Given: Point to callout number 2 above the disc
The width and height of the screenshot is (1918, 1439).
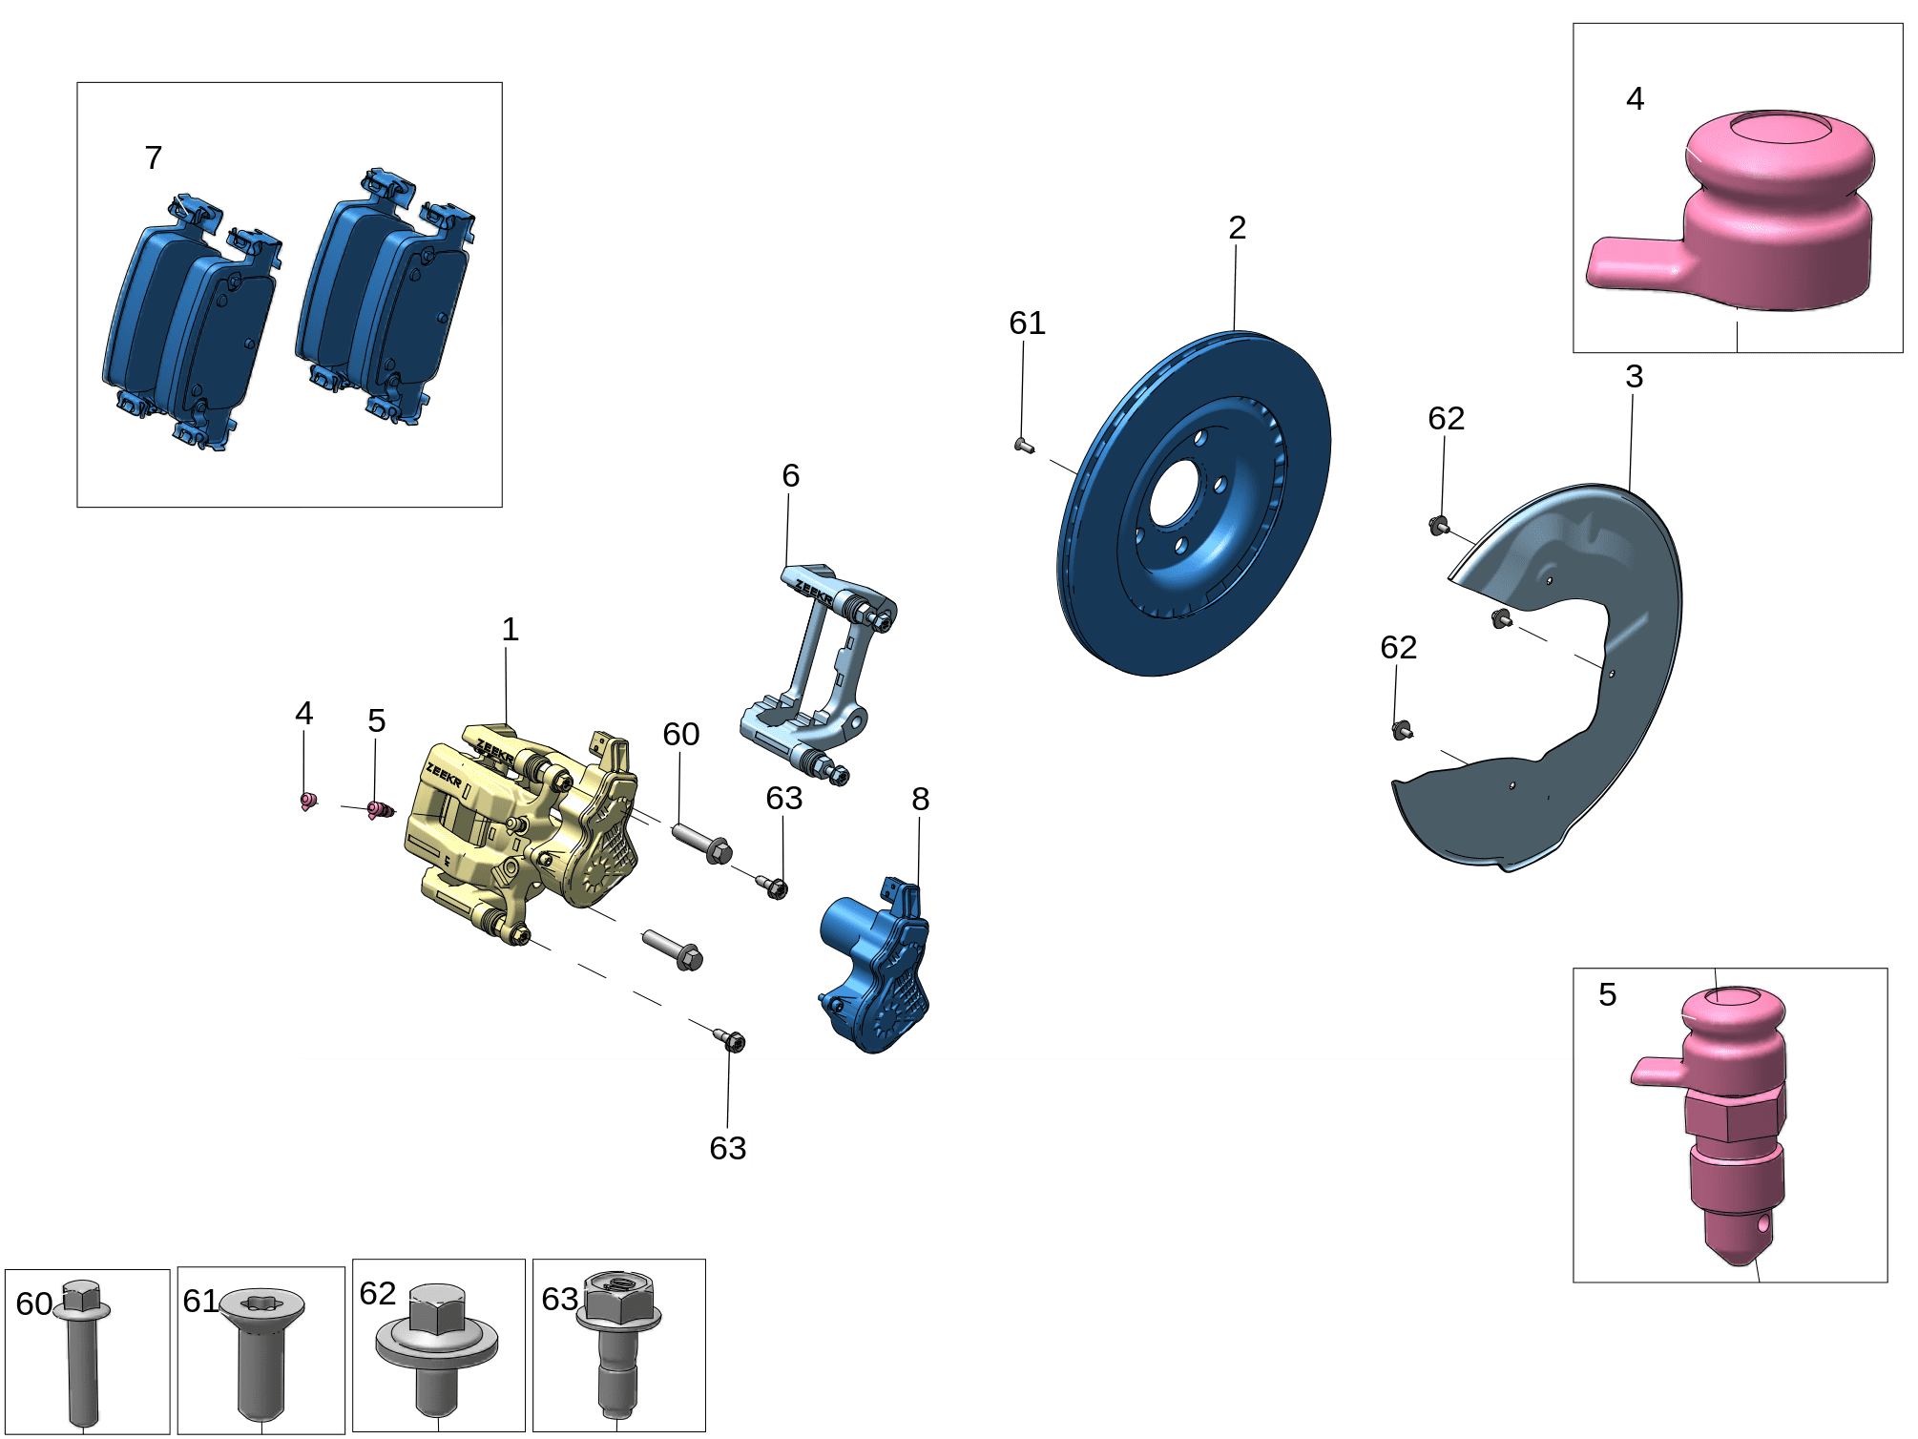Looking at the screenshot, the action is tap(1237, 228).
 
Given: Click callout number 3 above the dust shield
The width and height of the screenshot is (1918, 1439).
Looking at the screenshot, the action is tap(1634, 377).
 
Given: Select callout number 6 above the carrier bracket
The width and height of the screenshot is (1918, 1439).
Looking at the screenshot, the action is tap(790, 476).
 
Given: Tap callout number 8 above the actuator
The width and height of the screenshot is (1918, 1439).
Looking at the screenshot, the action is tap(920, 800).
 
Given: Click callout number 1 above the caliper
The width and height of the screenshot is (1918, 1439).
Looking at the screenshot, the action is tap(511, 630).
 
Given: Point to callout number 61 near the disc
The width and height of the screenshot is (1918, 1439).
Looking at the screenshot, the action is tap(1027, 323).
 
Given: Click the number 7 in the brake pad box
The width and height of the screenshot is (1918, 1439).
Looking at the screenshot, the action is tap(153, 158).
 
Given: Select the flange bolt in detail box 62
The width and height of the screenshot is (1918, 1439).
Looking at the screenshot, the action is tap(437, 1345).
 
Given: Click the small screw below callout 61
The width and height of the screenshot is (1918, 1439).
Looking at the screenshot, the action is tap(1023, 445).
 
